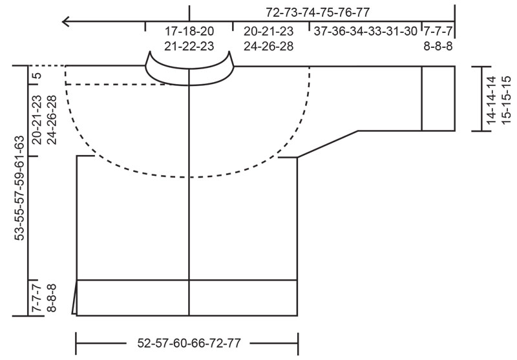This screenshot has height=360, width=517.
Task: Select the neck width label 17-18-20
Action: click(189, 31)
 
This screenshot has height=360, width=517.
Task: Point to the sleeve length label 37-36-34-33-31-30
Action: click(365, 31)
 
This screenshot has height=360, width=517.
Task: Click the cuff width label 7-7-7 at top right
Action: click(438, 31)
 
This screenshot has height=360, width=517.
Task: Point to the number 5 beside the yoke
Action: click(37, 76)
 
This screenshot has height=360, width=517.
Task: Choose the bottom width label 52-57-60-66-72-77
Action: click(189, 343)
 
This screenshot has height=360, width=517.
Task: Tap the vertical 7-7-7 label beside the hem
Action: click(37, 297)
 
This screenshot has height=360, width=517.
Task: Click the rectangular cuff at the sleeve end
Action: click(438, 99)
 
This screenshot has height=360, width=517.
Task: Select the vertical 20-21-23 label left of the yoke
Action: click(37, 119)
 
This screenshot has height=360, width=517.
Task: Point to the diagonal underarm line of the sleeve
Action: click(328, 143)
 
